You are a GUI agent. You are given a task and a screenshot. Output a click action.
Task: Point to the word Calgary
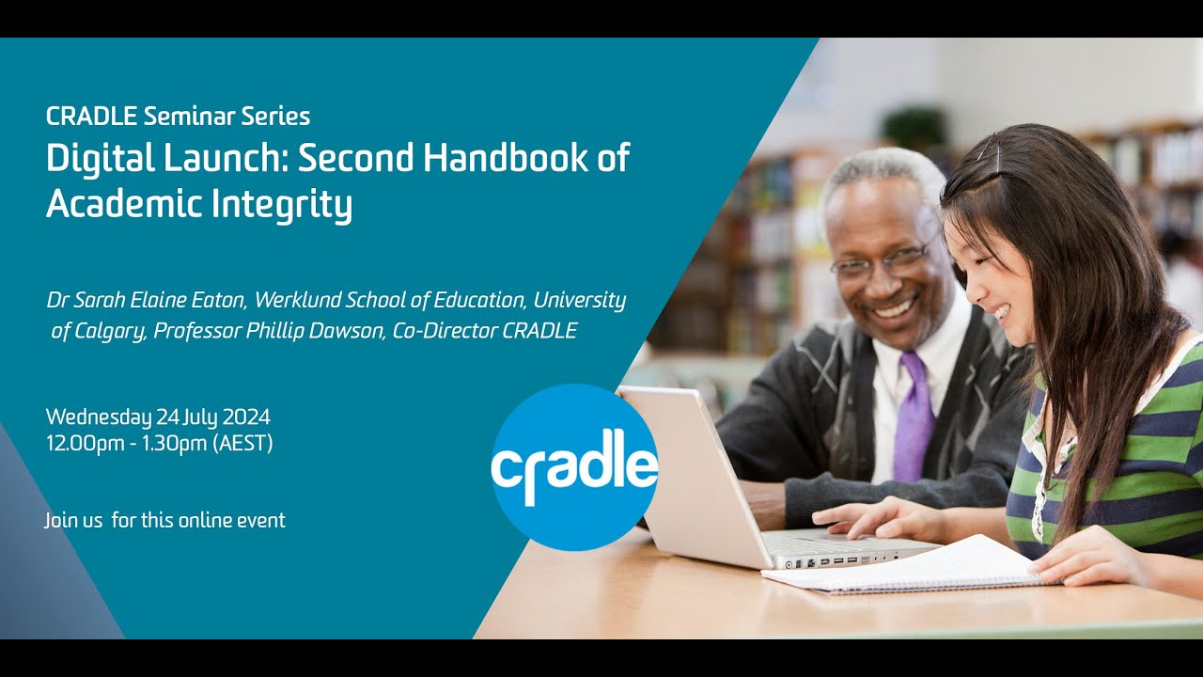106,331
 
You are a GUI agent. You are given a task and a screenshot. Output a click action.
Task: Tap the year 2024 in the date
246,417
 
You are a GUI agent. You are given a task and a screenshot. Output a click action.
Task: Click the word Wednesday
99,417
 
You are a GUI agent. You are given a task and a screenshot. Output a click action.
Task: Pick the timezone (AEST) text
243,444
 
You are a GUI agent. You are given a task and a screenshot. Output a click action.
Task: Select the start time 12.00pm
85,444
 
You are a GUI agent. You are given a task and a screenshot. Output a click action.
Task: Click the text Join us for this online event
164,520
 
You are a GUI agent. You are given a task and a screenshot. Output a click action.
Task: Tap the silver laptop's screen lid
691,470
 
